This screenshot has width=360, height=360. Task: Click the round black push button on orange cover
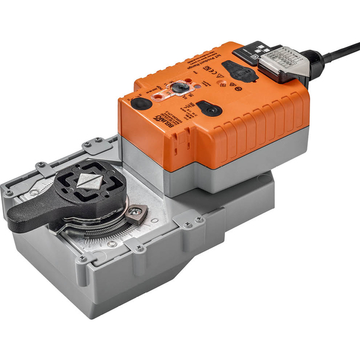[x=141, y=103]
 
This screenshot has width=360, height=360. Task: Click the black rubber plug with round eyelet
[x=209, y=109]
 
